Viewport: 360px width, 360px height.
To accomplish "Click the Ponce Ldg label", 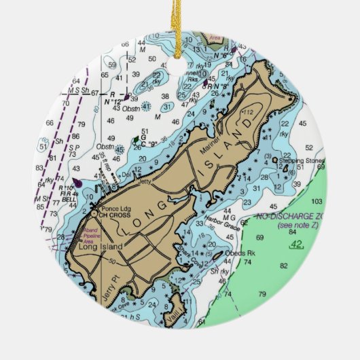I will pos(115,207).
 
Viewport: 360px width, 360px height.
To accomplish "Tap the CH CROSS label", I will pos(115,215).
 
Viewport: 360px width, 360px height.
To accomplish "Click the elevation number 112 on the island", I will pos(248,112).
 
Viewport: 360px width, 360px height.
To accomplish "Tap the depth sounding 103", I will pos(317,202).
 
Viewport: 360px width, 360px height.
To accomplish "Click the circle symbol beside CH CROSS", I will pos(95,214).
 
